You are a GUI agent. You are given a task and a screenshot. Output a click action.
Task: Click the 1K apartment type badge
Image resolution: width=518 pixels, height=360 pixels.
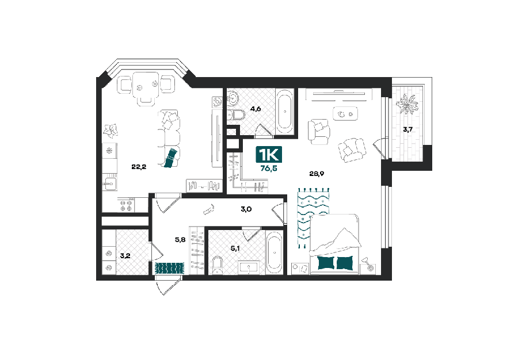(269, 155)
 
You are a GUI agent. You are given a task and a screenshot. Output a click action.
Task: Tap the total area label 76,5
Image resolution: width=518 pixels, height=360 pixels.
(269, 168)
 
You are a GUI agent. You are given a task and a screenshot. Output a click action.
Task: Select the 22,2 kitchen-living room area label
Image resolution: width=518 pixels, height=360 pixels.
(139, 167)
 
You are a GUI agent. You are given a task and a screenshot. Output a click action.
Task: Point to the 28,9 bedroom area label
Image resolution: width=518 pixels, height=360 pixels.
(317, 174)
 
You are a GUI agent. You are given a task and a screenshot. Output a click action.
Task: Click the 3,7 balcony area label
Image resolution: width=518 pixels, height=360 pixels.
(407, 129)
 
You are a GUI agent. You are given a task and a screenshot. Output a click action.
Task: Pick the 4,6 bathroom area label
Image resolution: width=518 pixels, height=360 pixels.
(256, 109)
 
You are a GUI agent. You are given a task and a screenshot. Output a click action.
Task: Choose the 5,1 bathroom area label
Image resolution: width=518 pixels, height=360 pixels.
(235, 248)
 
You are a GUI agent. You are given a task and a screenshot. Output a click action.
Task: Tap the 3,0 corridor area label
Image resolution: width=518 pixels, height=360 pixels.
(246, 209)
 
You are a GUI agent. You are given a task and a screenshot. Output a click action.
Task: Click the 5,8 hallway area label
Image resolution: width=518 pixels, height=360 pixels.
(180, 240)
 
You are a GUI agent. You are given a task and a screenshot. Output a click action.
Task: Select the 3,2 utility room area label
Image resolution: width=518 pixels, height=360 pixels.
(125, 256)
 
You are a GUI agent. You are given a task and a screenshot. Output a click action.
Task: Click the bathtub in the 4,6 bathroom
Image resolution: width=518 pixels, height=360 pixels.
(285, 112)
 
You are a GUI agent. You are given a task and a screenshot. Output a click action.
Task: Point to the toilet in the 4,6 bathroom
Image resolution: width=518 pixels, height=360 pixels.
(236, 115)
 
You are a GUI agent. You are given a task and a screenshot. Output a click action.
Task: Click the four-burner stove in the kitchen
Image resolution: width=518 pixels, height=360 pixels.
(126, 205)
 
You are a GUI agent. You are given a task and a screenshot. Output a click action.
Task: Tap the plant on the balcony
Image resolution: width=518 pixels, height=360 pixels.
(407, 104)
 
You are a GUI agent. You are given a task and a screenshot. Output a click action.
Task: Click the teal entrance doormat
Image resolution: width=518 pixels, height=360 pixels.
(169, 268)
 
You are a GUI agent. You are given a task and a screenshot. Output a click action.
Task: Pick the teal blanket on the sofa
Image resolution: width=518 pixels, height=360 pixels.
(172, 158)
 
